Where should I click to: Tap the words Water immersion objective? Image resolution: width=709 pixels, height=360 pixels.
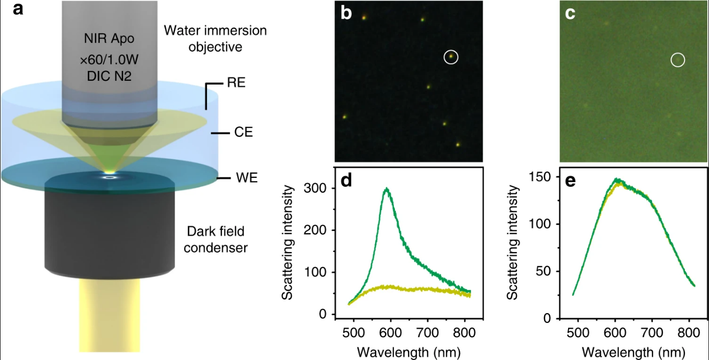(215, 39)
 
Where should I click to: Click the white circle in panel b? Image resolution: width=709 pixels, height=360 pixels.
(451, 57)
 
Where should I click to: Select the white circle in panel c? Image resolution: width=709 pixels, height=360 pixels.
(678, 60)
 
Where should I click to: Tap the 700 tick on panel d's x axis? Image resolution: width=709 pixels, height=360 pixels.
(427, 333)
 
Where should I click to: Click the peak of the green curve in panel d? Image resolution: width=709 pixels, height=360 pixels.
(387, 188)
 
